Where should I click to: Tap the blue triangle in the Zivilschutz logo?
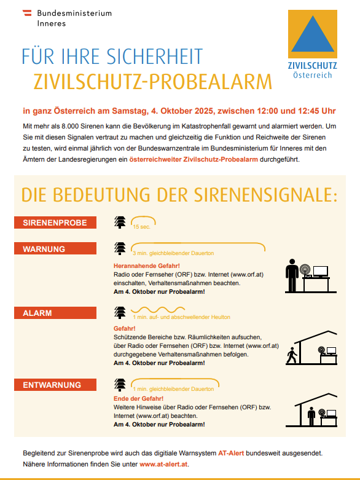pos(313,34)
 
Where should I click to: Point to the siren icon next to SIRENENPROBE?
pos(120,222)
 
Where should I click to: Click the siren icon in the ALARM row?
pos(120,313)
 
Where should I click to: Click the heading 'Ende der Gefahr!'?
pos(137,398)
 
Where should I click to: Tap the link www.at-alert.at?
pos(164,464)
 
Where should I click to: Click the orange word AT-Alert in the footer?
pos(231,453)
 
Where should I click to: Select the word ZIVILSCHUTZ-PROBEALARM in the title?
pos(152,81)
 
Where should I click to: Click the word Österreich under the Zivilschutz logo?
pos(312,75)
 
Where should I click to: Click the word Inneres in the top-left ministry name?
pos(51,23)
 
